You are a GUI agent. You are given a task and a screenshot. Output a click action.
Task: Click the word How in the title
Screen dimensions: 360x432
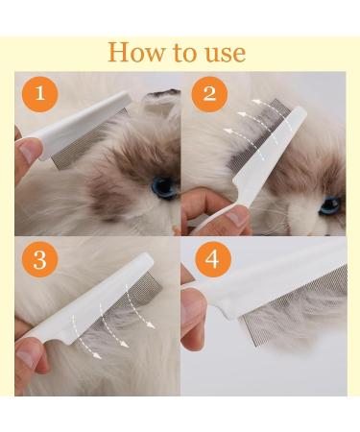click(x=136, y=52)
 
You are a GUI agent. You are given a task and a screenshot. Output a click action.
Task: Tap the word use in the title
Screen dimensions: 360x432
click(x=226, y=53)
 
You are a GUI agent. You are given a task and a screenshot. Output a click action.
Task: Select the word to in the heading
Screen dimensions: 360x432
click(x=185, y=53)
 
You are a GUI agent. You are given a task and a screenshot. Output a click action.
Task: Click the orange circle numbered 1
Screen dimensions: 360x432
click(x=39, y=94)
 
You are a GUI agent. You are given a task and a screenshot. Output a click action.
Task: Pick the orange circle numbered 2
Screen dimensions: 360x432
click(x=209, y=94)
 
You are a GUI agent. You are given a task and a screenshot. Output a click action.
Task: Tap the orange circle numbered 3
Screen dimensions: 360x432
click(x=39, y=259)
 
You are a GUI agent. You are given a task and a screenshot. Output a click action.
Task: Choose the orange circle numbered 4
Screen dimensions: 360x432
click(x=213, y=259)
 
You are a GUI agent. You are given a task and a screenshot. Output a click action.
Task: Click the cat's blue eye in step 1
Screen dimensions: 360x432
click(x=164, y=187)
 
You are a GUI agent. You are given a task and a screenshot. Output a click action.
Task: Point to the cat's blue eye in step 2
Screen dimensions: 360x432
click(x=330, y=205)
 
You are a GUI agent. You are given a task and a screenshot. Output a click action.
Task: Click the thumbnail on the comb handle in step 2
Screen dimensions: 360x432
click(x=237, y=217)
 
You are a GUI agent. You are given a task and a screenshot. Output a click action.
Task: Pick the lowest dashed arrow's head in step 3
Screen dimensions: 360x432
click(x=96, y=354)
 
